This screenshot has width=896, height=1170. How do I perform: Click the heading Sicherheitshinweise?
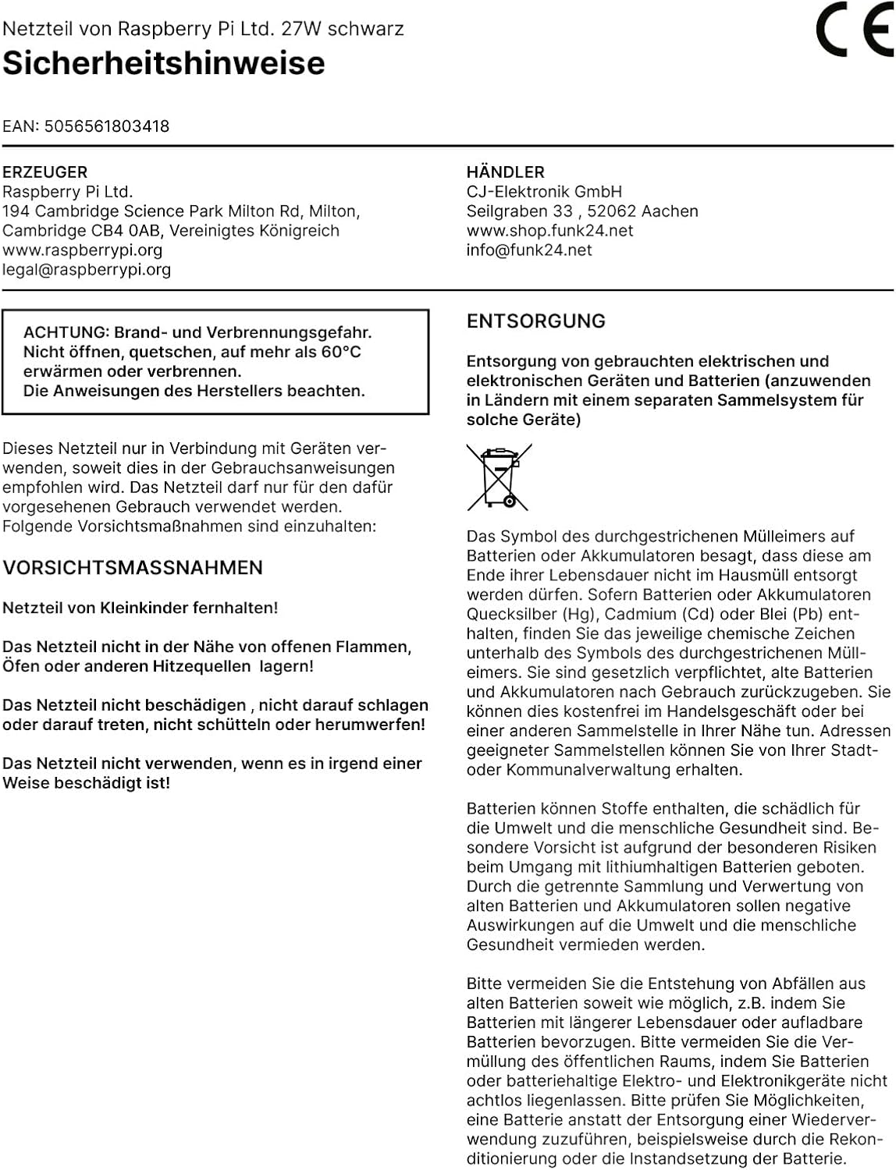(164, 63)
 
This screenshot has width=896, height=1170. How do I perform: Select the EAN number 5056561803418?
(107, 126)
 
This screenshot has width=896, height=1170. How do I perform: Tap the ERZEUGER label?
(45, 172)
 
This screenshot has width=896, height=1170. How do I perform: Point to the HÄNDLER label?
(506, 172)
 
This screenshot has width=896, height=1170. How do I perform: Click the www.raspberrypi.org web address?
(83, 250)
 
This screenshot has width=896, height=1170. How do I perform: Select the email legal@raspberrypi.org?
(87, 270)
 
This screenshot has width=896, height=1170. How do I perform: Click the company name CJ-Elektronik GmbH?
(545, 192)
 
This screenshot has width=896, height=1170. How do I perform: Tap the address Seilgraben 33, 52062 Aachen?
(582, 211)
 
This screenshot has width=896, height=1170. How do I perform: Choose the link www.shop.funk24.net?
(550, 231)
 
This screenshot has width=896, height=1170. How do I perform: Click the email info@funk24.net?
(529, 250)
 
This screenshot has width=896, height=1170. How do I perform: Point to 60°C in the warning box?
(341, 353)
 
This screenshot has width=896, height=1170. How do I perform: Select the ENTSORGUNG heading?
(536, 321)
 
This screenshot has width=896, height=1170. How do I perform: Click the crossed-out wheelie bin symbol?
(499, 477)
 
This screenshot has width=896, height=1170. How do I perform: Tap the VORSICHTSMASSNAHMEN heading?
(133, 568)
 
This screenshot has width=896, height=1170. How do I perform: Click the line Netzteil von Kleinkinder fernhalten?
(140, 608)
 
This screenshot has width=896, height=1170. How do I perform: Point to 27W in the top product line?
(301, 30)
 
